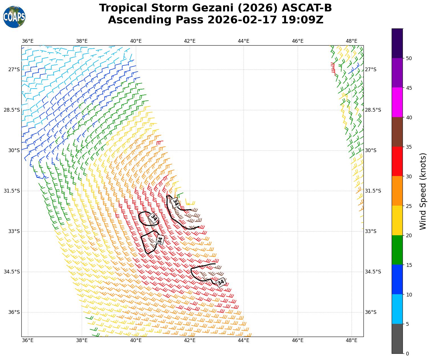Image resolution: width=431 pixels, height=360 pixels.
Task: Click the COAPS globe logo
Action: [14, 17]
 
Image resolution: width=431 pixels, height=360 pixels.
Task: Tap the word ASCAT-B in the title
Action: [307, 8]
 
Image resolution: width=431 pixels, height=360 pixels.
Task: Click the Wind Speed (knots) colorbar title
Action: [423, 191]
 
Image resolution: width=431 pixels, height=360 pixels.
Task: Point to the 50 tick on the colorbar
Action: [408, 58]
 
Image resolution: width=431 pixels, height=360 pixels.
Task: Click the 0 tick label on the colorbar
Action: [407, 354]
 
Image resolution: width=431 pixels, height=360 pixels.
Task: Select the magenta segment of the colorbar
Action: [397, 102]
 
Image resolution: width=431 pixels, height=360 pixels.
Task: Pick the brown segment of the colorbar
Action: [397, 132]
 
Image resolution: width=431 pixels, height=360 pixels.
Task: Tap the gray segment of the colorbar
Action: [397, 339]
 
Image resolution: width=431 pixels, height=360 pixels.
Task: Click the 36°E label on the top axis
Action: [28, 41]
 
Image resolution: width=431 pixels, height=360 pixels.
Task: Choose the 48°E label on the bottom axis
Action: [351, 340]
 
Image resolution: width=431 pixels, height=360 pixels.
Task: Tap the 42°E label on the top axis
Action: [190, 41]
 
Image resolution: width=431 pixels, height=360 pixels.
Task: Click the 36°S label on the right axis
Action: [371, 312]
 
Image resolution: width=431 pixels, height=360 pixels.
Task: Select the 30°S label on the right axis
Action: [371, 150]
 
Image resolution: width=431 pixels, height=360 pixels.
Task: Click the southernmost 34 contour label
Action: [221, 282]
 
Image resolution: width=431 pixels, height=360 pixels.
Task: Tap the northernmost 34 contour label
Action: [175, 202]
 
